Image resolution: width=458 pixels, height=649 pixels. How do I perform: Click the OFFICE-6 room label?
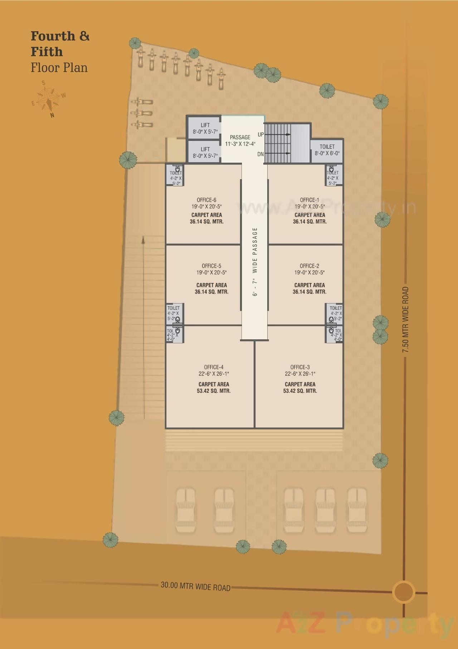(x=206, y=200)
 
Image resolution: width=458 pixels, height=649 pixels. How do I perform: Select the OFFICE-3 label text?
(x=300, y=367)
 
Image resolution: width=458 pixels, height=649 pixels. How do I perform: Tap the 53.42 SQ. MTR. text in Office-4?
(x=214, y=391)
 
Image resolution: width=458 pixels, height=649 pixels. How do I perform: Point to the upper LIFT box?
(x=205, y=128)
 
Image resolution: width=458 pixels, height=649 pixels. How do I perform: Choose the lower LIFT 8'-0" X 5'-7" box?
(x=205, y=152)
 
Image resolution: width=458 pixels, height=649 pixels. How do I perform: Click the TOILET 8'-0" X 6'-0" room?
(x=327, y=150)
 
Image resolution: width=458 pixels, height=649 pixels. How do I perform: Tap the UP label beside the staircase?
(x=260, y=134)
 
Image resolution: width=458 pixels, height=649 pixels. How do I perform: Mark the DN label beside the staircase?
(x=260, y=154)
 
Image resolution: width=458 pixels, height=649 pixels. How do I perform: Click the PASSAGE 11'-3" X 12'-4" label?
(x=240, y=140)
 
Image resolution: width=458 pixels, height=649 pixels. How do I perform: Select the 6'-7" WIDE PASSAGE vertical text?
(x=255, y=262)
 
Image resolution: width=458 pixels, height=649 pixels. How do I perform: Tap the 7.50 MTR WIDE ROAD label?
(x=405, y=320)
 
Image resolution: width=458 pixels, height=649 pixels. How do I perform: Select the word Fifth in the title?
(x=47, y=52)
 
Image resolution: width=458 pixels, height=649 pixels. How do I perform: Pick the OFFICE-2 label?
(x=309, y=266)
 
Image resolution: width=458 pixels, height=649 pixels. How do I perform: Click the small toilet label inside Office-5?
(x=173, y=313)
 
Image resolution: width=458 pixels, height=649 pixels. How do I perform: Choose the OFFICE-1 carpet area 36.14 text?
(x=310, y=221)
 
